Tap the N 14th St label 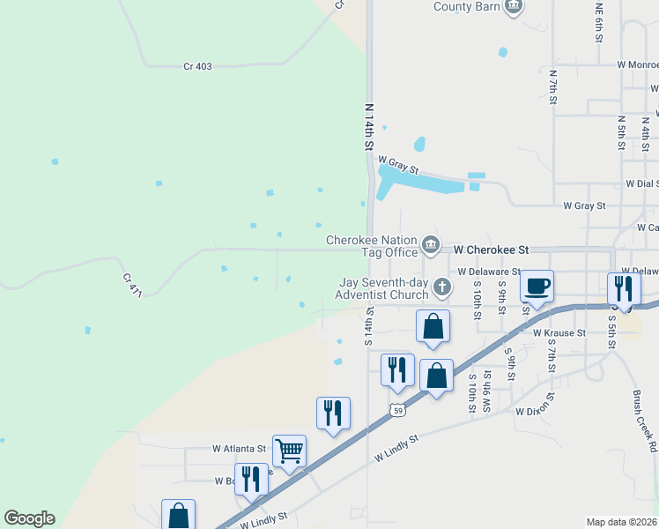[x=370, y=126]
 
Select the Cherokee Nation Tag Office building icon [x=430, y=244]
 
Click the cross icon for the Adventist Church [x=441, y=287]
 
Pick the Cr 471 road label [x=133, y=284]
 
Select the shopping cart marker [x=289, y=451]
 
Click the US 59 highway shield [x=398, y=410]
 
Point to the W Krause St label [x=559, y=333]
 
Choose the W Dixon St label [x=537, y=411]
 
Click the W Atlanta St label [x=239, y=448]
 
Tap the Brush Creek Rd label [x=644, y=422]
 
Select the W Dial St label [x=642, y=184]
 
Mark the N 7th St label [x=553, y=87]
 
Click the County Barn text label [x=465, y=7]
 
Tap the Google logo [x=29, y=518]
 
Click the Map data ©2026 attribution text [x=621, y=522]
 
